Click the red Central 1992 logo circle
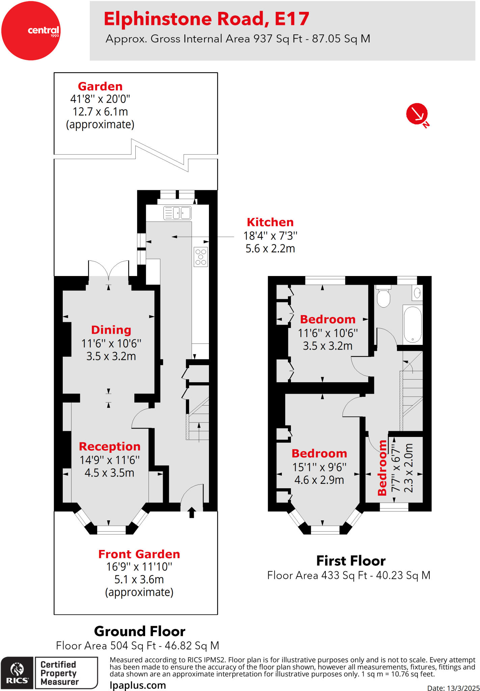31,31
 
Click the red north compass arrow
417,114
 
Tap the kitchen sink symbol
177,213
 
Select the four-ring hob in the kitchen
201,257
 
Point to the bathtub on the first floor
412,324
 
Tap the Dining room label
111,330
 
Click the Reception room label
109,446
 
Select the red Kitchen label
270,222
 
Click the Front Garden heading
139,554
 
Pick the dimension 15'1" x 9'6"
319,467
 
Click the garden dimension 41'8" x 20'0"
100,99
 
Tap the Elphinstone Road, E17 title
206,19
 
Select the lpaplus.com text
138,685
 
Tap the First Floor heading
351,561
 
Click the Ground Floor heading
139,631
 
